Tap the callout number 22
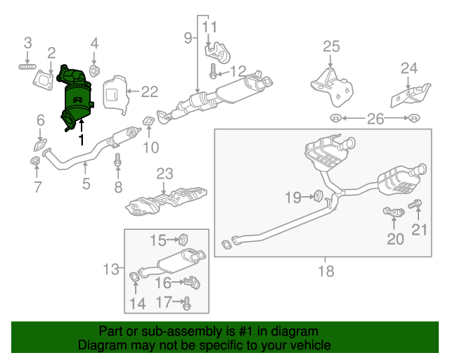click(x=150, y=91)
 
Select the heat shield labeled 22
click(x=115, y=97)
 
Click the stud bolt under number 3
click(x=27, y=67)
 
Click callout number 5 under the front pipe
click(x=86, y=185)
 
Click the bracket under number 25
click(x=331, y=85)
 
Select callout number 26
click(x=375, y=119)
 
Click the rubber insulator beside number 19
click(x=316, y=195)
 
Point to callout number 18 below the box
click(x=326, y=271)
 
